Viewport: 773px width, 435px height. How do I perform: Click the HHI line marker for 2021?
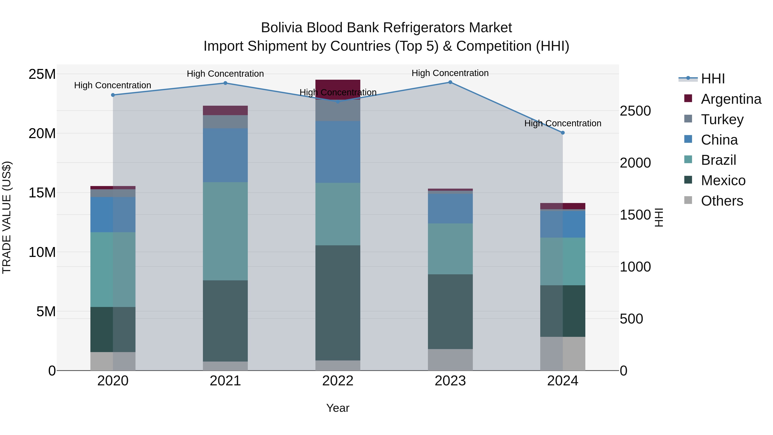click(225, 83)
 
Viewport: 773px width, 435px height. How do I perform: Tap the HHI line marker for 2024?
click(563, 133)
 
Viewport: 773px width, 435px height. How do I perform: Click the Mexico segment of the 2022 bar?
click(338, 303)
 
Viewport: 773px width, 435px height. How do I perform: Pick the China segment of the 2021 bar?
click(225, 155)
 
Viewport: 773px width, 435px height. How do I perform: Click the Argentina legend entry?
click(731, 99)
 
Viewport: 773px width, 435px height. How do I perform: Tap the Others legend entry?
click(722, 201)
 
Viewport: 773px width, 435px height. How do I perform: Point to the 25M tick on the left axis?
click(42, 74)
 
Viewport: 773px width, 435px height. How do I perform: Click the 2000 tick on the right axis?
click(635, 163)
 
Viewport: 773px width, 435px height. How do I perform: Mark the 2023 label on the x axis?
click(450, 381)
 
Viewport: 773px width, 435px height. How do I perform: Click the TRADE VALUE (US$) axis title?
click(7, 217)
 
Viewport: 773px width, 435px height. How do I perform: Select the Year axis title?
click(338, 408)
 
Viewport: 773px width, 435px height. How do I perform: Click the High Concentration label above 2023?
click(450, 73)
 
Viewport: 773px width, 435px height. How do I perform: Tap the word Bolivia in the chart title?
click(281, 28)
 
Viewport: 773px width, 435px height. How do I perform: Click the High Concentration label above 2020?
click(113, 85)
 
